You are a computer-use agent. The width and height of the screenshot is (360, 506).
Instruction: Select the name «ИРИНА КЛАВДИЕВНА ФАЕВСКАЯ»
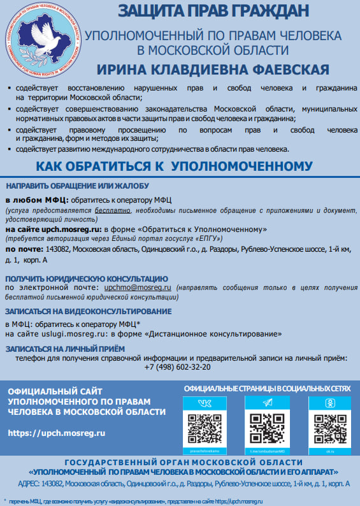(213, 69)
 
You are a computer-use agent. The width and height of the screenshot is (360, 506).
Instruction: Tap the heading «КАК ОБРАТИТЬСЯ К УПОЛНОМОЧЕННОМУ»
(174, 166)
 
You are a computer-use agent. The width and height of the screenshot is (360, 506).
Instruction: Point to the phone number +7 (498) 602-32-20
(178, 367)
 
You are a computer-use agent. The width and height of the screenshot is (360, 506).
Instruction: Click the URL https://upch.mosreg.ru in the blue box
(57, 433)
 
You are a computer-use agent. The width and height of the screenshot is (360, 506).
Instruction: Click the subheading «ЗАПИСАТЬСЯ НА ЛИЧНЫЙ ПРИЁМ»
(65, 349)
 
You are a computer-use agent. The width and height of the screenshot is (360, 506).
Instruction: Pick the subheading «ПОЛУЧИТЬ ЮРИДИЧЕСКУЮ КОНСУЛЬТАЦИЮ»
(87, 279)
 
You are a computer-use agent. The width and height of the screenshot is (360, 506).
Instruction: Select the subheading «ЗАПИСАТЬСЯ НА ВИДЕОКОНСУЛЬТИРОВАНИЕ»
(89, 311)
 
